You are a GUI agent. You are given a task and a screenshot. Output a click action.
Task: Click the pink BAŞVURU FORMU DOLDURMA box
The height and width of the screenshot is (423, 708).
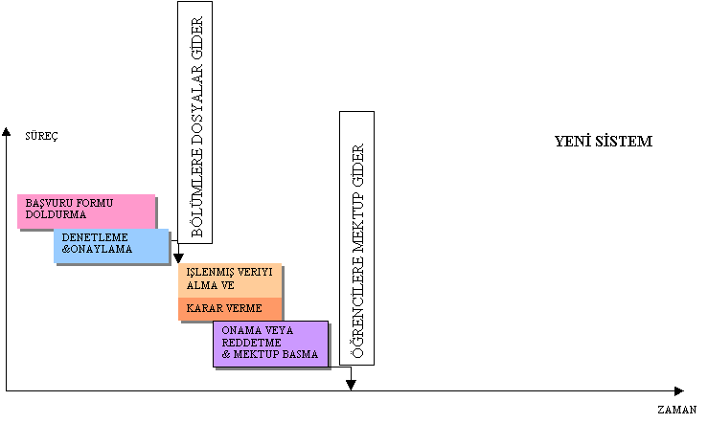click(86, 211)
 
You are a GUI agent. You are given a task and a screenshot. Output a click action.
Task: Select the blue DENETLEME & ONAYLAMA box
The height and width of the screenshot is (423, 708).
click(111, 246)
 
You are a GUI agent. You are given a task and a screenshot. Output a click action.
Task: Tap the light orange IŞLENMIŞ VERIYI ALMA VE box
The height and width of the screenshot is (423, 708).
click(231, 280)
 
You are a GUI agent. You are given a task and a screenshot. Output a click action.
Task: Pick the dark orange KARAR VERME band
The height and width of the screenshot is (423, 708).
click(231, 309)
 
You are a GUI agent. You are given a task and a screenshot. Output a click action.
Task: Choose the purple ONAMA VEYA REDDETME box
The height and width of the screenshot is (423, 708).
click(271, 344)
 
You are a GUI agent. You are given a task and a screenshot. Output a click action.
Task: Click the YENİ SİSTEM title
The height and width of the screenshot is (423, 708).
click(604, 142)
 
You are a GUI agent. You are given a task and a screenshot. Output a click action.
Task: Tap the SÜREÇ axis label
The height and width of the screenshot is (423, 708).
click(41, 136)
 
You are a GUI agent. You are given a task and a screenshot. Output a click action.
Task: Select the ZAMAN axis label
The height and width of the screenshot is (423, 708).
click(677, 409)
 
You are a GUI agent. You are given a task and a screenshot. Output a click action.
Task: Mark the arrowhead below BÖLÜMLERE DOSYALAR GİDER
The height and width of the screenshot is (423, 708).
click(178, 258)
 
